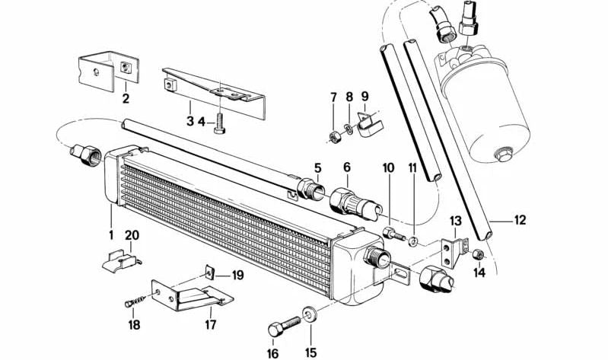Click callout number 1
[x=110, y=234]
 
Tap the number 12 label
[x=520, y=221]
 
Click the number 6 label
[x=346, y=167]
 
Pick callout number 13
[x=456, y=221]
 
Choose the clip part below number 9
[x=369, y=123]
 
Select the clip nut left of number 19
[x=211, y=272]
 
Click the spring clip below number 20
[x=123, y=260]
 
